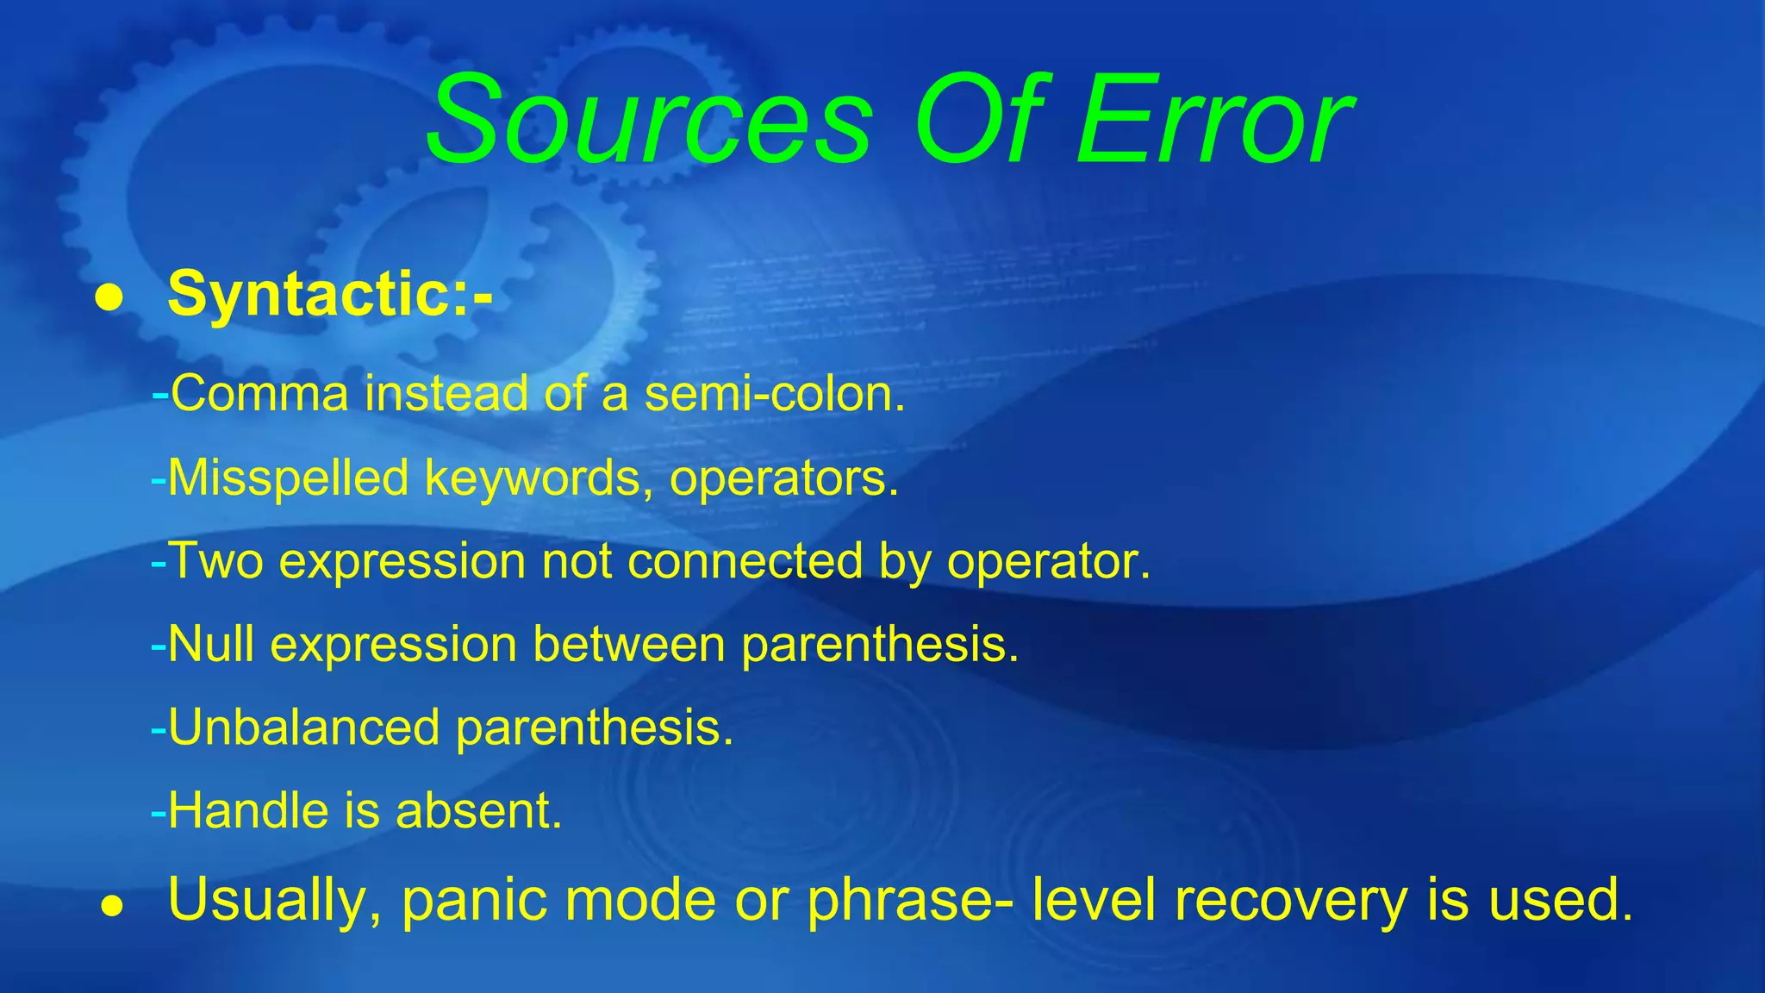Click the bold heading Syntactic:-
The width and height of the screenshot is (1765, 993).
(x=330, y=295)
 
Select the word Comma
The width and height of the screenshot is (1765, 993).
(x=259, y=394)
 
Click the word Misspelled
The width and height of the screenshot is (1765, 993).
(x=288, y=478)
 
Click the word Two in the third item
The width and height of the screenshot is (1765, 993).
(x=215, y=561)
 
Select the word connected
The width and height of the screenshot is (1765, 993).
(x=745, y=561)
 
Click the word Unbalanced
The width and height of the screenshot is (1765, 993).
(x=304, y=728)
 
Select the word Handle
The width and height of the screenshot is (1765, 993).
(x=248, y=811)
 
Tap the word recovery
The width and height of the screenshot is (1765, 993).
(x=1291, y=900)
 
